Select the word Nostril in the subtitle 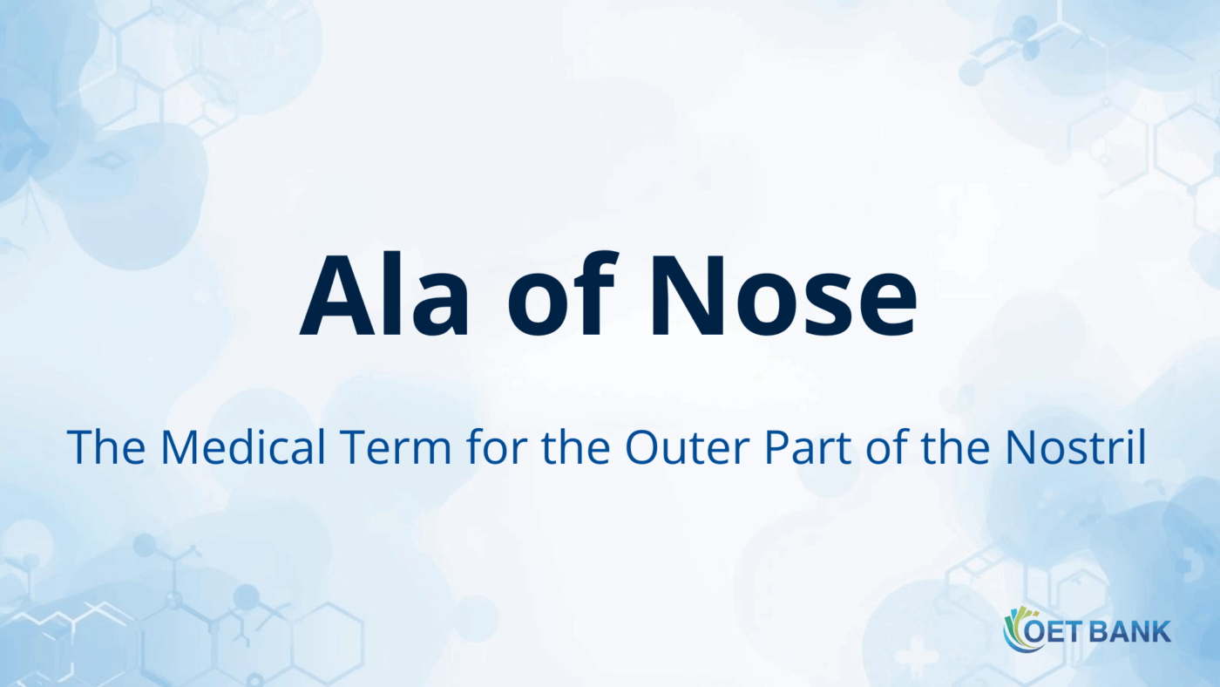(x=1075, y=446)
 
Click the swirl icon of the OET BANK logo (x=1016, y=629)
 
